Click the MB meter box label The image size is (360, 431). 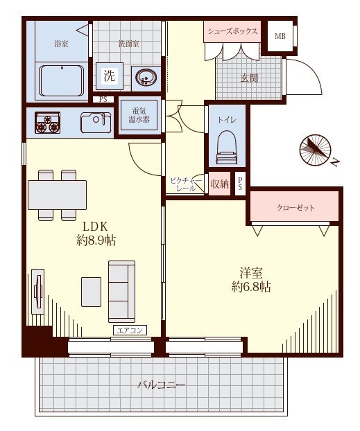point(280,36)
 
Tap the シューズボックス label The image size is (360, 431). point(232,31)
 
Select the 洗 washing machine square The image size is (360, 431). point(110,76)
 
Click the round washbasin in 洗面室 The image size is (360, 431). point(146,78)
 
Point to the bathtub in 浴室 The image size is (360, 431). point(61,80)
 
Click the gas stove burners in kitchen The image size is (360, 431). point(47,123)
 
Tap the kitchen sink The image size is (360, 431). point(96,123)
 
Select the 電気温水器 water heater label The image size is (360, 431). point(139,116)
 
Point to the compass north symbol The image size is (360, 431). point(316,150)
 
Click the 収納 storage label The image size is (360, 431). point(219,184)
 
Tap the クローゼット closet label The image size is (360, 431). point(295,208)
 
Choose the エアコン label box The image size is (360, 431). point(130,330)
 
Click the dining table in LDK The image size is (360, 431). point(58,195)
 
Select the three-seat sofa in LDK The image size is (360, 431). point(121,291)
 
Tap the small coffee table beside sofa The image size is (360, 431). point(91,292)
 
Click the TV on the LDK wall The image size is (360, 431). point(38,291)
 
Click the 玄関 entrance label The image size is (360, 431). point(249,78)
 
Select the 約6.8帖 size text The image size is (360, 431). point(251,287)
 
